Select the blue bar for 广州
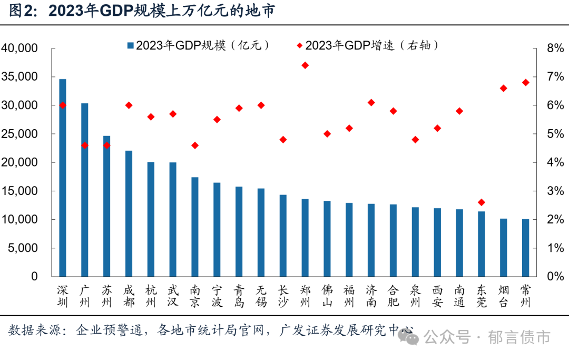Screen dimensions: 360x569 pyautogui.click(x=85, y=190)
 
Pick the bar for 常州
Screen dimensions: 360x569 pyautogui.click(x=525, y=248)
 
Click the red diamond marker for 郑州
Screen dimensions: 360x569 pyautogui.click(x=305, y=65)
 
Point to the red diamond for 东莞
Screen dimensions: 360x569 pyautogui.click(x=481, y=202)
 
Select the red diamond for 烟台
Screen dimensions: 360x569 pyautogui.click(x=503, y=88)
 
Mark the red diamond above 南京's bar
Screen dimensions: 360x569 pyautogui.click(x=195, y=145)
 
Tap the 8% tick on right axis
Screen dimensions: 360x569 pyautogui.click(x=555, y=48)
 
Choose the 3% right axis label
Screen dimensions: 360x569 pyautogui.click(x=555, y=191)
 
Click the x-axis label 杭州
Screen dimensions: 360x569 pyautogui.click(x=151, y=296)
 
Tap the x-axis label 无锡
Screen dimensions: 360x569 pyautogui.click(x=261, y=296)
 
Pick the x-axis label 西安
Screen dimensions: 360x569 pyautogui.click(x=437, y=296)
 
